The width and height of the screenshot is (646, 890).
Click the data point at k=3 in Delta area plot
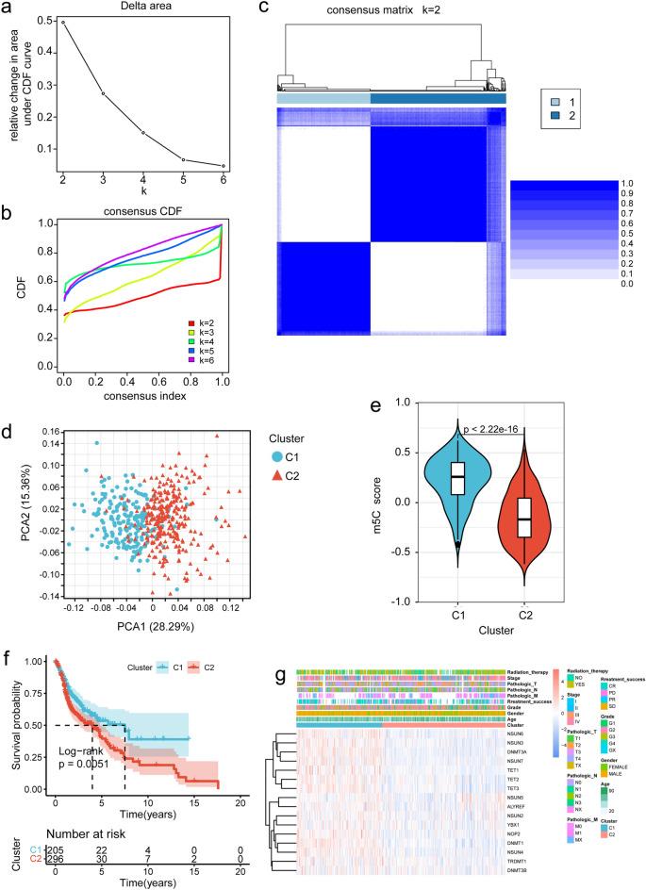pyautogui.click(x=104, y=93)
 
